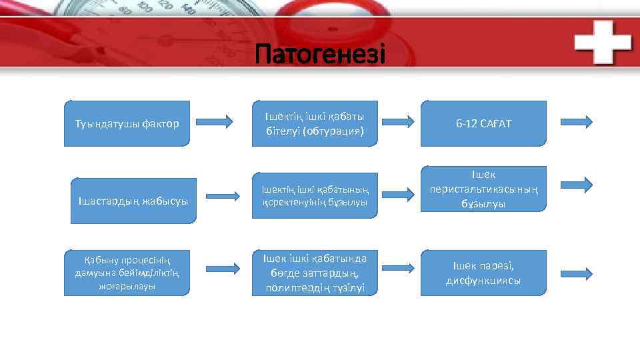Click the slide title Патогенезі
[320, 54]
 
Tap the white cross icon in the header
[603, 41]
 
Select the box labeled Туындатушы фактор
[127, 123]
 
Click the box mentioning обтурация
[314, 123]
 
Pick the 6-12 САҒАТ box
[483, 123]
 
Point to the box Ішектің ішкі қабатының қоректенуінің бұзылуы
[314, 197]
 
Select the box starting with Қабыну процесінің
[127, 272]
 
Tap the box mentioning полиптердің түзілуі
[314, 273]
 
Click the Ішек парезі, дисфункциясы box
[483, 273]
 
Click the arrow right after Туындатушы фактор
[216, 121]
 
